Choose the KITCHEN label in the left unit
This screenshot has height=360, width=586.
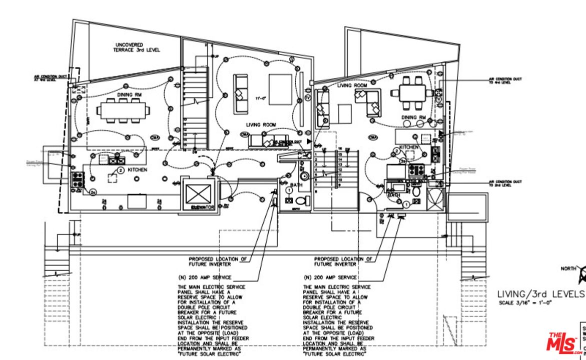(137, 170)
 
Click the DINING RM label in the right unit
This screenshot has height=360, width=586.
(413, 117)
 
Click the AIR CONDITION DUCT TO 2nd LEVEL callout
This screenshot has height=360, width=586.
(505, 183)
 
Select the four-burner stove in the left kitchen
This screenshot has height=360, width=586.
(78, 178)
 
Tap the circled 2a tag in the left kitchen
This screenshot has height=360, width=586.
(93, 192)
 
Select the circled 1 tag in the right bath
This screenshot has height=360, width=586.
(406, 204)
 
